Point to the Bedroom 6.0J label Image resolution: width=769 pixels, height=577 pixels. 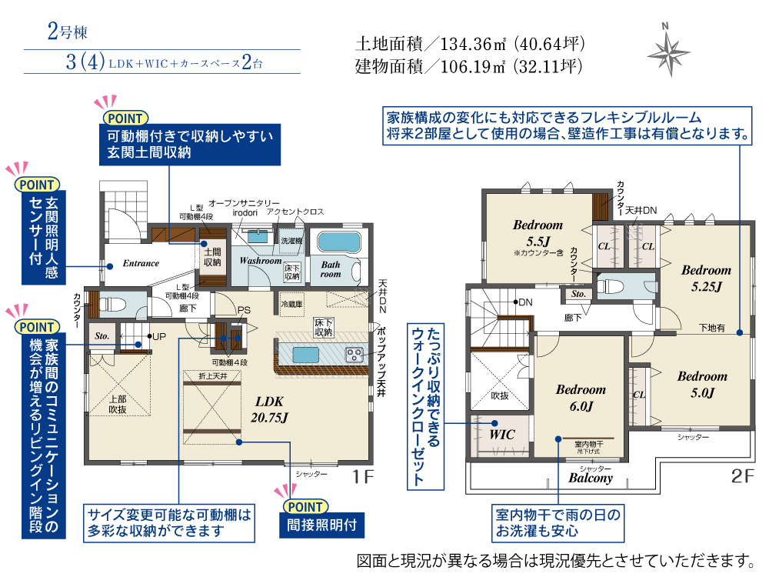pyautogui.click(x=581, y=397)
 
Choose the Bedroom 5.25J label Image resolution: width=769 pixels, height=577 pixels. pyautogui.click(x=705, y=278)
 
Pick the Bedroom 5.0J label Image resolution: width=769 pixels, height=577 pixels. pyautogui.click(x=701, y=384)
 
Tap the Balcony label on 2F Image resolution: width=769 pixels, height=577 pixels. pyautogui.click(x=591, y=478)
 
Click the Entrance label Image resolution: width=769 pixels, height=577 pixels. pyautogui.click(x=141, y=263)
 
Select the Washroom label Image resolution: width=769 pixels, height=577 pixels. pyautogui.click(x=260, y=261)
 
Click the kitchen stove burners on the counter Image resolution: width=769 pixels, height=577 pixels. pyautogui.click(x=355, y=354)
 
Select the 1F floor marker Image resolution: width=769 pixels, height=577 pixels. pyautogui.click(x=362, y=477)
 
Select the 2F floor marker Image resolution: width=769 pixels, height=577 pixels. pyautogui.click(x=743, y=477)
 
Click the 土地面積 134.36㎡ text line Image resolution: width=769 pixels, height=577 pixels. pyautogui.click(x=470, y=43)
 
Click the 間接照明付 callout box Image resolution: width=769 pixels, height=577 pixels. pyautogui.click(x=321, y=526)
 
